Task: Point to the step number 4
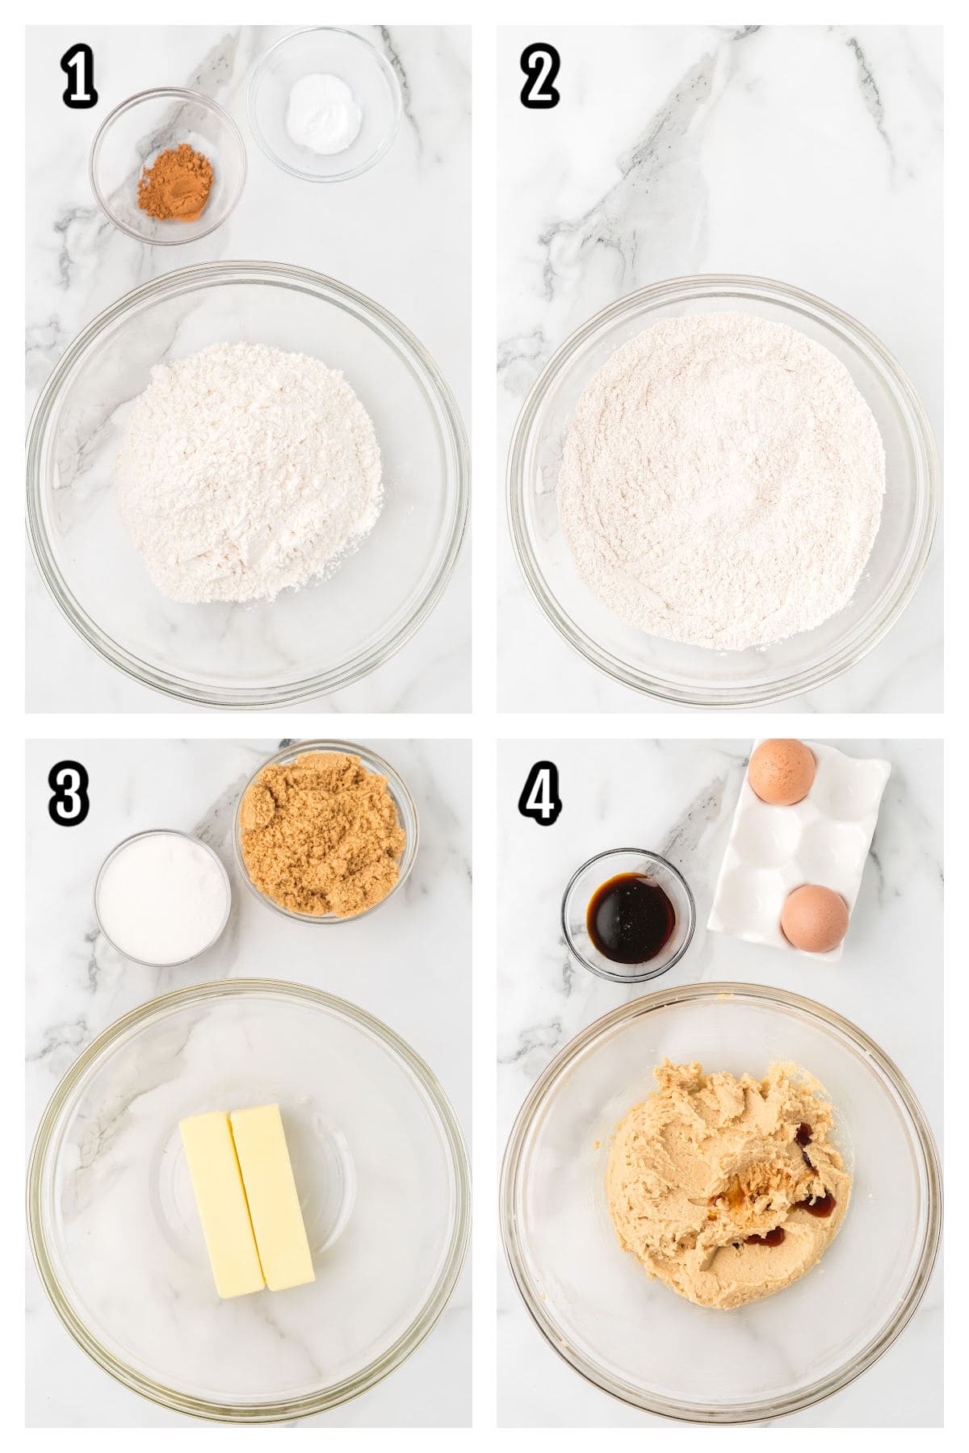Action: pos(540,794)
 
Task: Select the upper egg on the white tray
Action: pos(782,773)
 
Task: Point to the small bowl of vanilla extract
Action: pos(629,915)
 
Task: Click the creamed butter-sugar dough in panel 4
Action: pos(711,1130)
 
